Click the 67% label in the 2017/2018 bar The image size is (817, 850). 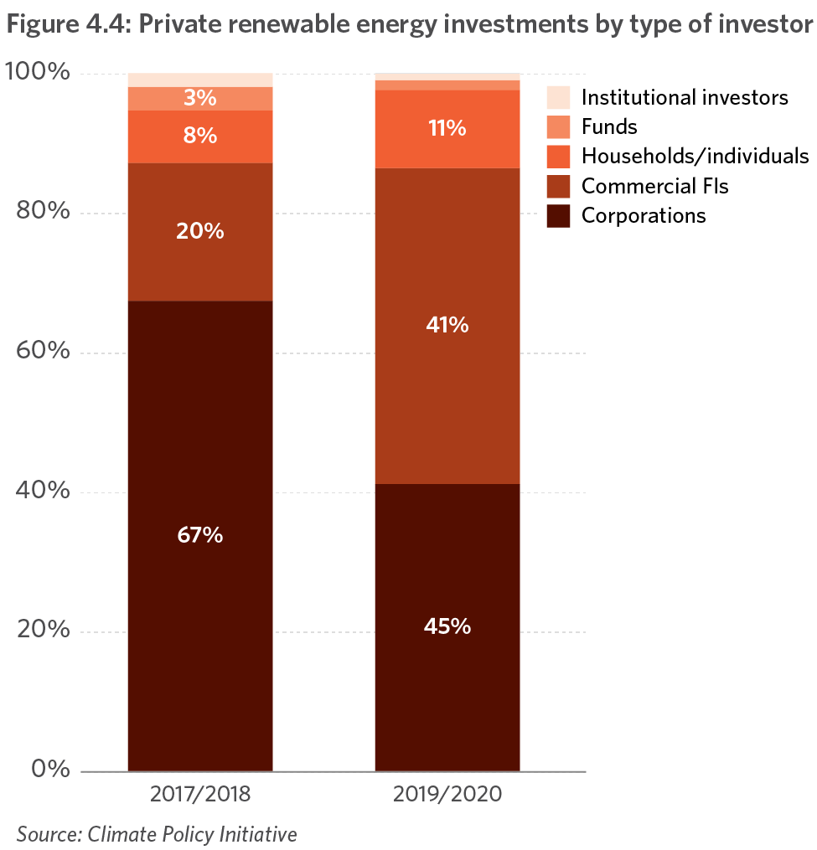[199, 535]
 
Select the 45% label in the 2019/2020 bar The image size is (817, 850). [447, 626]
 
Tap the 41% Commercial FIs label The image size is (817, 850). [447, 325]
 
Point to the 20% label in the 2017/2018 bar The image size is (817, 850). [199, 231]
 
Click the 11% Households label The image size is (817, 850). [447, 128]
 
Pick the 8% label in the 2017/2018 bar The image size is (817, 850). [199, 135]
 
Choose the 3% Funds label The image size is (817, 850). [199, 98]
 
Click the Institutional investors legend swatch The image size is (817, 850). [558, 97]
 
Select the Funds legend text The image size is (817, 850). [609, 126]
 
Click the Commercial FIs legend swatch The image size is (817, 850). [558, 185]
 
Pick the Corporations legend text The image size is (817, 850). [644, 215]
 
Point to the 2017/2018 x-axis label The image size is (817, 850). [199, 794]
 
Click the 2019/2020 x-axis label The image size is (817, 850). [447, 794]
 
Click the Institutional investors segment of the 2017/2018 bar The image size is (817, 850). [199, 80]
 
